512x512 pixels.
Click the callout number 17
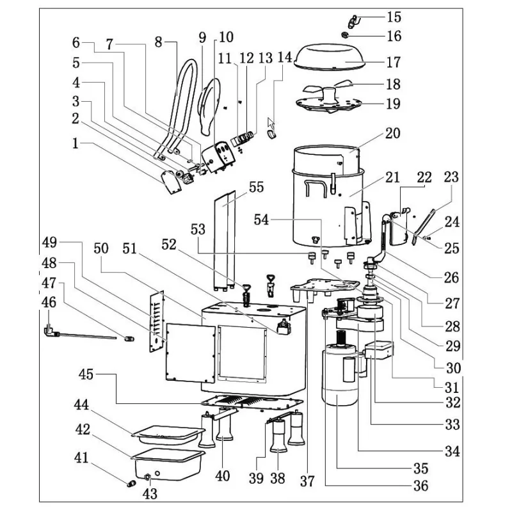[x=393, y=63]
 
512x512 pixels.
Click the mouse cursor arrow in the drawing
[x=271, y=123]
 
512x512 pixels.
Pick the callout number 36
[x=420, y=486]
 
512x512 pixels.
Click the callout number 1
[x=77, y=145]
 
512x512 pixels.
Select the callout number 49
[x=50, y=242]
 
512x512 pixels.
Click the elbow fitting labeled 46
[x=48, y=330]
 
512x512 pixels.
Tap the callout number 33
[x=452, y=424]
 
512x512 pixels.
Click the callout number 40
[x=222, y=476]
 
